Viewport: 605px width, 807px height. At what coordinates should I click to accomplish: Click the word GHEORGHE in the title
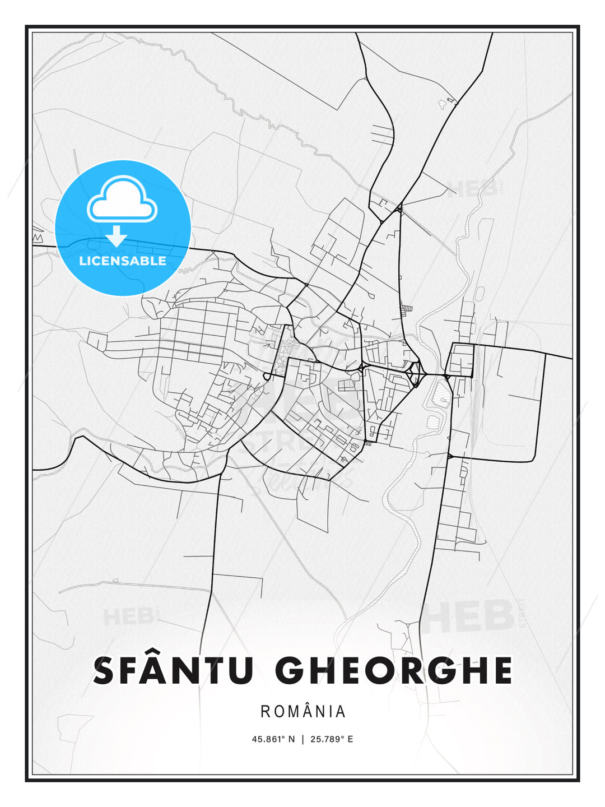pos(394,671)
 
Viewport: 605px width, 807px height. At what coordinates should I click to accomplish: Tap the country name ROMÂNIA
pos(303,712)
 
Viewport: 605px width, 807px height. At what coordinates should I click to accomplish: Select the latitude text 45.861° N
pos(273,739)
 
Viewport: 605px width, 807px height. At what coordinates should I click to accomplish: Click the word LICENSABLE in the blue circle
pos(123,261)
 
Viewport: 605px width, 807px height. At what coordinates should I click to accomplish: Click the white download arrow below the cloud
pos(117,236)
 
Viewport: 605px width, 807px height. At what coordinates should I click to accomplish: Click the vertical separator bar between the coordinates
pos(303,739)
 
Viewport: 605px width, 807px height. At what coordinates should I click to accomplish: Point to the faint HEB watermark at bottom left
pos(128,616)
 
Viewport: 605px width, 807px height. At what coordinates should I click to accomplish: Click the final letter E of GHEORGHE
pos(502,671)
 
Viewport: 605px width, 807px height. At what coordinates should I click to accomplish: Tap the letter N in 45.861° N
pos(291,739)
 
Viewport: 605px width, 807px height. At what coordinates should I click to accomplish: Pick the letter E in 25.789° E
pos(350,739)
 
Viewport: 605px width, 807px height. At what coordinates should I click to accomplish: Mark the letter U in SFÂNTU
pos(240,671)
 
